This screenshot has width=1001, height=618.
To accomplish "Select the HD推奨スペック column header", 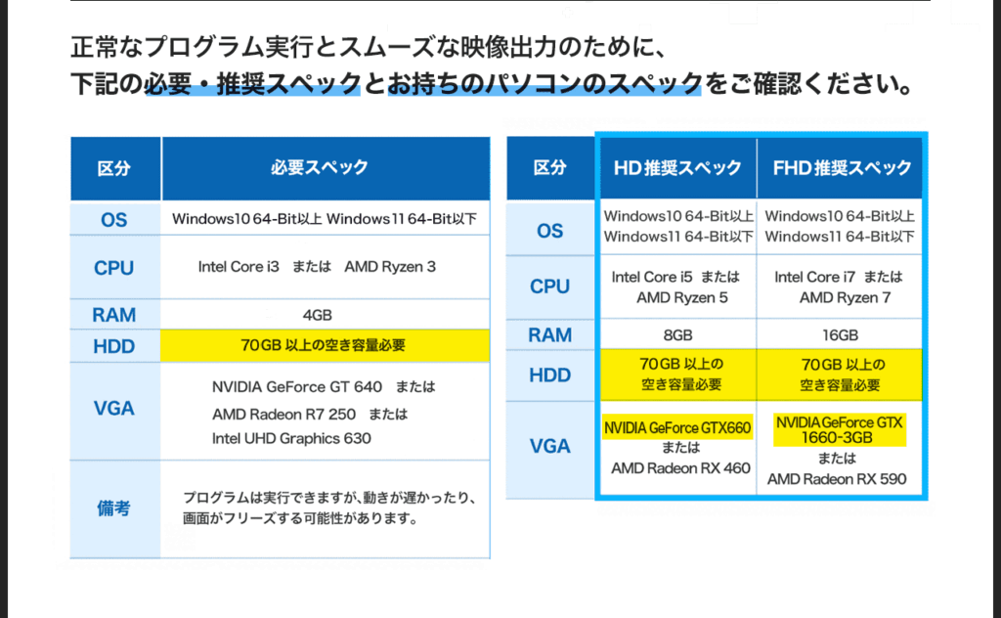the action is coord(678,168).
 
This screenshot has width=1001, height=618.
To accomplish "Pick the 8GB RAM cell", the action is coord(678,335).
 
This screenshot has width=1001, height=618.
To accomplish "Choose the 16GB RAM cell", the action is coord(840,335).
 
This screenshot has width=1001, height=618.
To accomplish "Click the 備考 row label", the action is coord(114,508).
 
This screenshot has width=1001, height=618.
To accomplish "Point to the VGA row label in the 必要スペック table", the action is coord(114,408).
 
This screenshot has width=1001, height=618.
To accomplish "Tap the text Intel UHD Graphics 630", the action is coord(291,439).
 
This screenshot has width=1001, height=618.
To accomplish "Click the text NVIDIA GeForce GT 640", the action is coord(297,387).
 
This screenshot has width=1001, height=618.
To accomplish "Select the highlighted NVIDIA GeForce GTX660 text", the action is coord(677,427).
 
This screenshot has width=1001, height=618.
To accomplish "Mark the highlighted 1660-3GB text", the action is coord(837,438).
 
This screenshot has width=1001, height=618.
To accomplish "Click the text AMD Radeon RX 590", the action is coord(837,479).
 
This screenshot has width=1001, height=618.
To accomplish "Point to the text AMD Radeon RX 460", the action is coord(680,468).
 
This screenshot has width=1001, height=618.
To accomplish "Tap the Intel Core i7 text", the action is coord(814,277).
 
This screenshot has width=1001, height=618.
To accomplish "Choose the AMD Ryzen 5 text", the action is coord(681,298).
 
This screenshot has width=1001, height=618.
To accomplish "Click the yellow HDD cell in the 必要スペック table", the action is coord(326,345).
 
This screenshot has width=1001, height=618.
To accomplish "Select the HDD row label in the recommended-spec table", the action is coord(550,375).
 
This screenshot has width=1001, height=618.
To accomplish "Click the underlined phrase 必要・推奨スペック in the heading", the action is coord(253,84).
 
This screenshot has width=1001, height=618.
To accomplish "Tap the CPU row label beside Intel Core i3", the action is coord(114,268).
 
